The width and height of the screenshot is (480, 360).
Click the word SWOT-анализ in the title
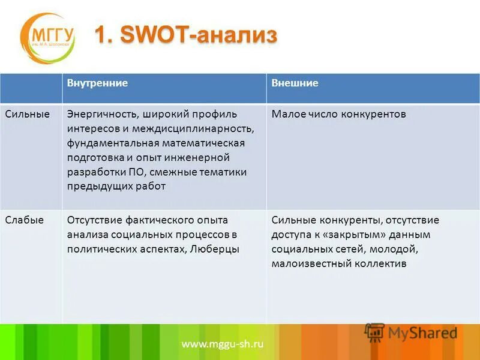pyautogui.click(x=199, y=35)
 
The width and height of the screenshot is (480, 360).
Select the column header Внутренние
pyautogui.click(x=97, y=83)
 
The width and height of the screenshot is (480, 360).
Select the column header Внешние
pyautogui.click(x=295, y=83)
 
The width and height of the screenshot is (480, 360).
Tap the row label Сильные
pyautogui.click(x=28, y=114)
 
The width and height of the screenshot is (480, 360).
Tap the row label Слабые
pyautogui.click(x=25, y=220)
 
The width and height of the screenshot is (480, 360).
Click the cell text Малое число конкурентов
pyautogui.click(x=339, y=114)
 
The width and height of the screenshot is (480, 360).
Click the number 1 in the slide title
pyautogui.click(x=103, y=35)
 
